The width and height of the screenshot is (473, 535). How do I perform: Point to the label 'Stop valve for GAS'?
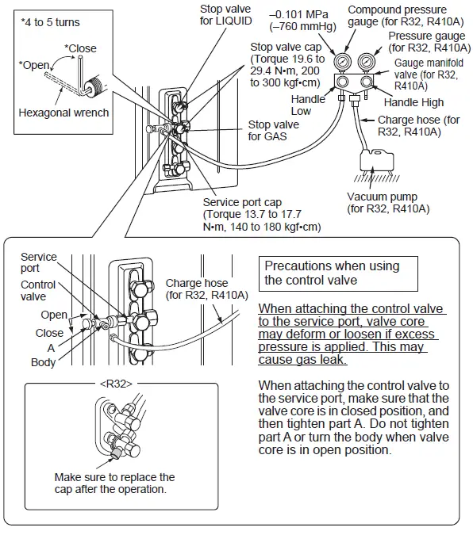[273, 130]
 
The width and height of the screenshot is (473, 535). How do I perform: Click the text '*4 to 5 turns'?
[51, 21]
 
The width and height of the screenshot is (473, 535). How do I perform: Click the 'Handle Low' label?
[308, 105]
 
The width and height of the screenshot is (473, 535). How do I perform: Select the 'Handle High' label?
[413, 102]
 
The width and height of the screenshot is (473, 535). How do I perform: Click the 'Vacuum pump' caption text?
[388, 202]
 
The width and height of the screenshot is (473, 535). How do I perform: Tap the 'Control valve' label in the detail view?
[38, 290]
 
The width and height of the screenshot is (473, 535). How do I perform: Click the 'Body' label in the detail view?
[43, 361]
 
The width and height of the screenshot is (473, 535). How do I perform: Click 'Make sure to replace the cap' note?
[114, 483]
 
